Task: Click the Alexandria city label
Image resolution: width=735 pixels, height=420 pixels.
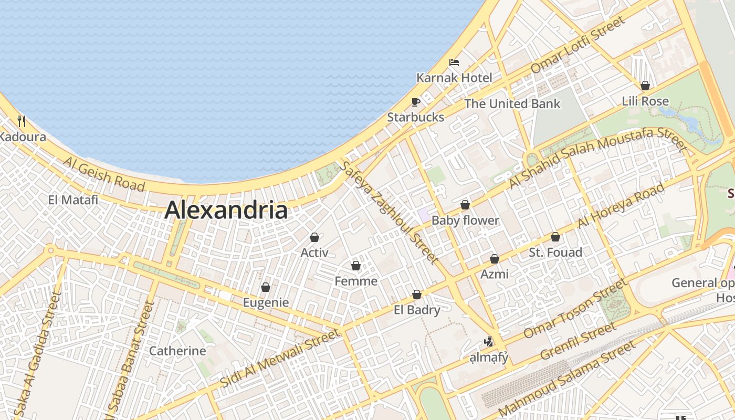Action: tap(226, 211)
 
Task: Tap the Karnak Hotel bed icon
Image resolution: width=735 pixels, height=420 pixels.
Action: tap(454, 62)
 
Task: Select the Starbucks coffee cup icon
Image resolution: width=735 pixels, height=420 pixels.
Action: tap(416, 102)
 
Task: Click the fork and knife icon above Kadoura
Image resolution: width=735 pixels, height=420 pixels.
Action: tap(22, 121)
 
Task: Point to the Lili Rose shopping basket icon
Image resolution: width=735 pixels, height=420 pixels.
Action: tap(645, 86)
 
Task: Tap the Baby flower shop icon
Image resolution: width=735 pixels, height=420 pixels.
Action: tap(465, 205)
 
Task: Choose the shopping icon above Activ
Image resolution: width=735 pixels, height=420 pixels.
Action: tap(314, 237)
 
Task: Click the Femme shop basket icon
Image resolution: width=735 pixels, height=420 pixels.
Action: tap(356, 266)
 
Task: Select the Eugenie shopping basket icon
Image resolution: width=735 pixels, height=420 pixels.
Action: tap(266, 287)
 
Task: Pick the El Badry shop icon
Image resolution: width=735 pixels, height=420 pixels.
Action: tap(417, 295)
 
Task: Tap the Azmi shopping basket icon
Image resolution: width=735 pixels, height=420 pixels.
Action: tap(495, 259)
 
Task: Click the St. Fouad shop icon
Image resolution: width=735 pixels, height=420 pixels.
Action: tap(555, 237)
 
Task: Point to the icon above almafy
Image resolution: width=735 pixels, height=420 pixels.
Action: tap(489, 342)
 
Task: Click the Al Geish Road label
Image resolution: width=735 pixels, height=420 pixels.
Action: tap(104, 174)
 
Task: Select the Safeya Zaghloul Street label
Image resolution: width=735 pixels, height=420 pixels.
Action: tap(389, 212)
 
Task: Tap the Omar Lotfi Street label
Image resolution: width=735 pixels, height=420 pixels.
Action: tap(578, 45)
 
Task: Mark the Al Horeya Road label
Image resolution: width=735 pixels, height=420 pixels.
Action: tap(620, 206)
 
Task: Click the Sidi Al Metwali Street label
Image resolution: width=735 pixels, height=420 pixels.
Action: tap(280, 359)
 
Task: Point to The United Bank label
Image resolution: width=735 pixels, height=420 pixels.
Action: tap(512, 104)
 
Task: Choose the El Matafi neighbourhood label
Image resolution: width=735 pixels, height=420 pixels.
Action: tap(73, 200)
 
